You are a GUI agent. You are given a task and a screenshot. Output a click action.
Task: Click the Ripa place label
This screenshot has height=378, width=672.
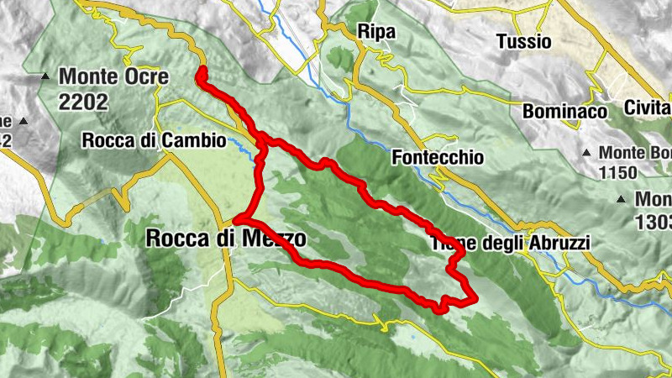tap(375, 31)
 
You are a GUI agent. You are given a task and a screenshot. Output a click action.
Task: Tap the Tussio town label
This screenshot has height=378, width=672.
tap(523, 40)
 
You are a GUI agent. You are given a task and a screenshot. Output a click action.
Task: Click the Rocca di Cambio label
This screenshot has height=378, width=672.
tap(154, 140)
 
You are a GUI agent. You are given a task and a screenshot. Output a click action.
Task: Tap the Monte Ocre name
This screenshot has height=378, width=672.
tap(113, 77)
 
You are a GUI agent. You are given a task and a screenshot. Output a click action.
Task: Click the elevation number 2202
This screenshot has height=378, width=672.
tap(84, 101)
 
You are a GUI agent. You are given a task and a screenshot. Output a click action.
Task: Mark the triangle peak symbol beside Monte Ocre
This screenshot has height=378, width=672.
tap(45, 76)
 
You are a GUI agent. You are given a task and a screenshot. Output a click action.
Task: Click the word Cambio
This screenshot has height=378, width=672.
tap(197, 140)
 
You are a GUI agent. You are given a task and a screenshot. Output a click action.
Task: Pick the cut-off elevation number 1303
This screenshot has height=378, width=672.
tap(654, 222)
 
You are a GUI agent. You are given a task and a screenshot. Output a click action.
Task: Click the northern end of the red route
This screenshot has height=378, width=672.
tap(202, 74)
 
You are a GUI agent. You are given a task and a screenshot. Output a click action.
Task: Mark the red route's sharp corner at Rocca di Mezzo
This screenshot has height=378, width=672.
tap(237, 220)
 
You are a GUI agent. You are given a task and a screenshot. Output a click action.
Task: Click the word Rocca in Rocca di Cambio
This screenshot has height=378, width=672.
tap(105, 140)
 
